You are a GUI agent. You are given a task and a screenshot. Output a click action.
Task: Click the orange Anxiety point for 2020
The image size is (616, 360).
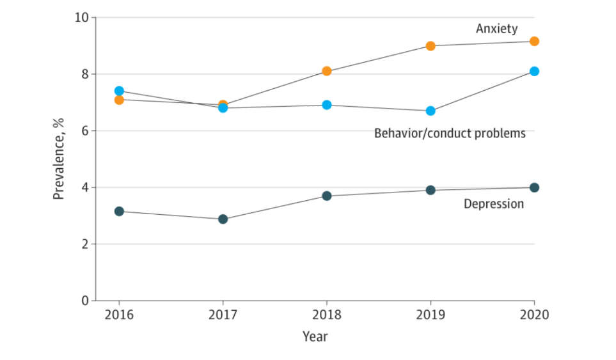[534, 42]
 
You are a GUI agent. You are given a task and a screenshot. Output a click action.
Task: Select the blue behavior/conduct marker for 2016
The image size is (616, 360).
[119, 91]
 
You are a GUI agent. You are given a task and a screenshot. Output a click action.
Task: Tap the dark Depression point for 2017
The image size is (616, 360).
[223, 219]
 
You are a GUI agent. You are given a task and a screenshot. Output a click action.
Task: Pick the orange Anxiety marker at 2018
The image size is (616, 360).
[326, 71]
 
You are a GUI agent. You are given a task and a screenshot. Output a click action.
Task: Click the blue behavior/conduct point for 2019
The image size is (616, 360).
[430, 111]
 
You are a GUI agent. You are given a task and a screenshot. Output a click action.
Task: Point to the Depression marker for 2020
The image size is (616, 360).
[534, 187]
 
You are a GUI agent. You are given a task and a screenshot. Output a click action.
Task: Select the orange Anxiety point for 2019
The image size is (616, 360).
[430, 46]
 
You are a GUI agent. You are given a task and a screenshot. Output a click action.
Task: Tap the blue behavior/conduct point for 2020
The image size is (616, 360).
[534, 71]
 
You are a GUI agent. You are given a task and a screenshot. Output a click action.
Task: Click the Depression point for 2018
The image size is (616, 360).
[326, 196]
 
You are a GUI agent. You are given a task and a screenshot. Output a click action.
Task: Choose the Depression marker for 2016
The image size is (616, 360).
[119, 211]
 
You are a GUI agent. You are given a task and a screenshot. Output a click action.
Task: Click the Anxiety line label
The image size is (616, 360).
[496, 29]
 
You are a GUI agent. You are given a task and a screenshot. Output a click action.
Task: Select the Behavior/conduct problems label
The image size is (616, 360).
[450, 134]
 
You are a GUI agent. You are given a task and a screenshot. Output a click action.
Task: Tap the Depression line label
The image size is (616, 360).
[493, 204]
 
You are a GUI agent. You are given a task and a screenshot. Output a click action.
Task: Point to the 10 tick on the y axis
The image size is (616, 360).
[81, 17]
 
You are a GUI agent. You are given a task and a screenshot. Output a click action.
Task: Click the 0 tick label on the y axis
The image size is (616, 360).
[84, 301]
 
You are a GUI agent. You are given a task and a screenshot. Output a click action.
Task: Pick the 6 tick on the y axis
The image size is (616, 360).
[84, 130]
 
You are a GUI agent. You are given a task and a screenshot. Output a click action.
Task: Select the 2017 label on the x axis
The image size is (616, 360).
[223, 315]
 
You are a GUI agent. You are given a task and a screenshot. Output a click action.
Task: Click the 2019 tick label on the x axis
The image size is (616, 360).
[430, 315]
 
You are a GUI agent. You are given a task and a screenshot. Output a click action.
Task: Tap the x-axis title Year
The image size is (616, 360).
[315, 336]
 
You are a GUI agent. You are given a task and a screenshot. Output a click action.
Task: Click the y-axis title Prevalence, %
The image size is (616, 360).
[59, 159]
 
